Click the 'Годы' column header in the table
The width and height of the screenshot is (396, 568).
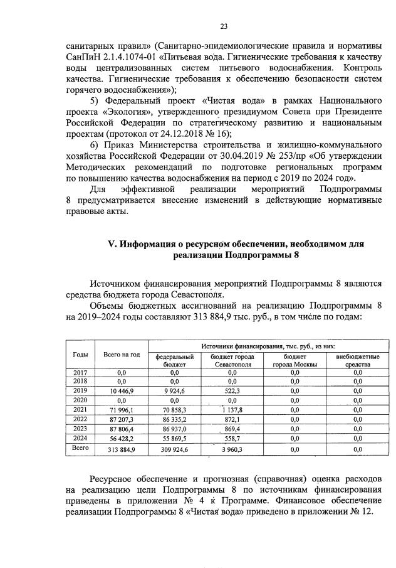80,355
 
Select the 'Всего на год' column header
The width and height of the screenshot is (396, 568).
121,355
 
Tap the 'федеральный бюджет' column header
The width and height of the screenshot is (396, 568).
170,360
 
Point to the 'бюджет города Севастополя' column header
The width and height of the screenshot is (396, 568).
228,360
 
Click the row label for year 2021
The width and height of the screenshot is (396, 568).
80,409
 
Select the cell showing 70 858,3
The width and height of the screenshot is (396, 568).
170,409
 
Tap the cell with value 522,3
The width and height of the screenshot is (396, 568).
228,390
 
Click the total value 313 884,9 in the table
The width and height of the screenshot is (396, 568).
118,450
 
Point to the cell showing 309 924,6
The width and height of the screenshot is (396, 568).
170,450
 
